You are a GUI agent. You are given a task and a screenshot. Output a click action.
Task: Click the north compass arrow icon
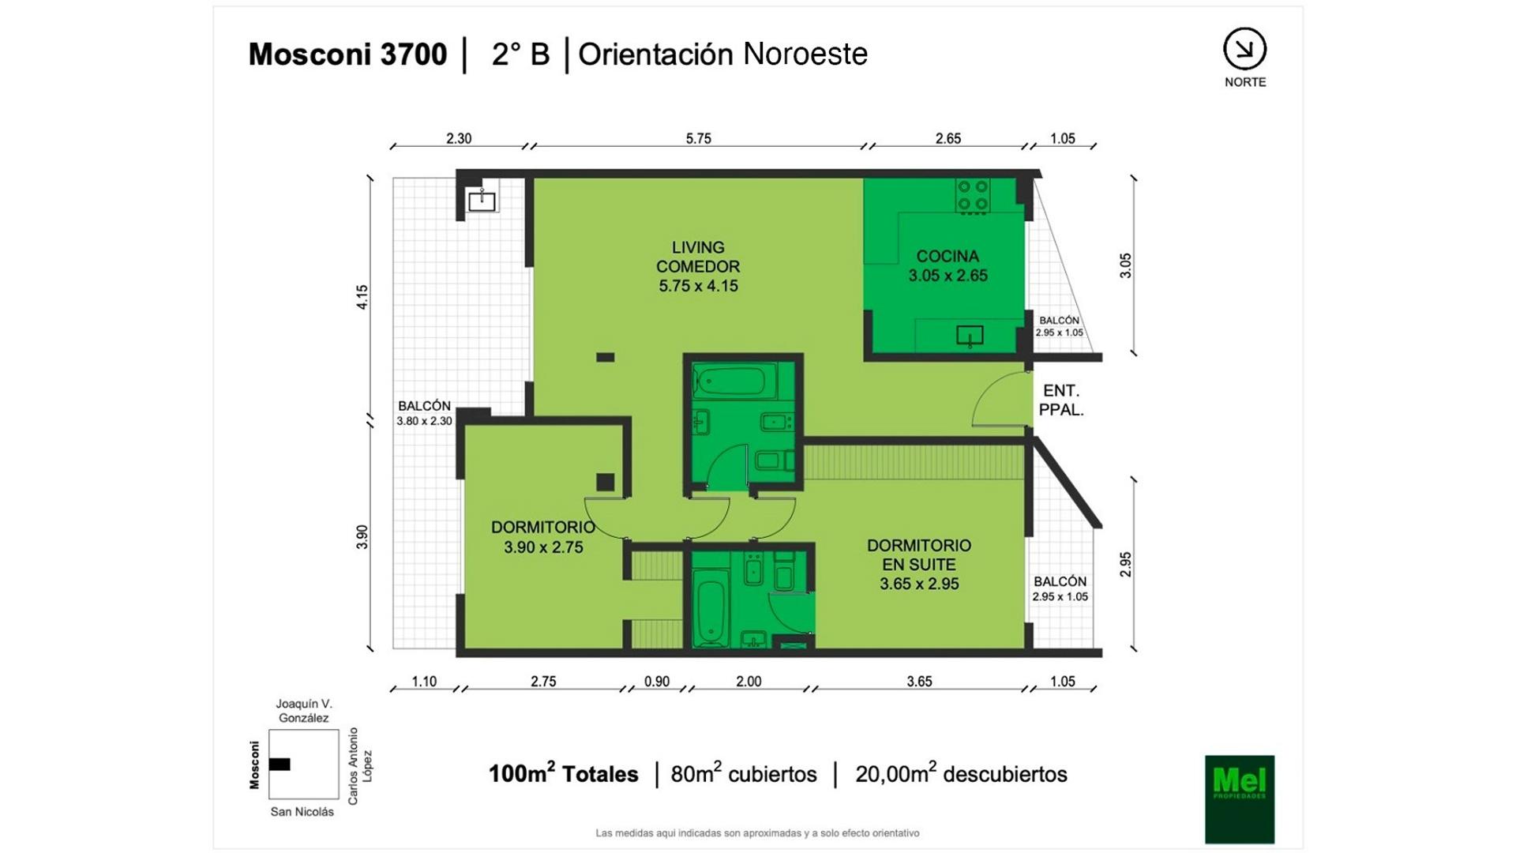pos(1244,49)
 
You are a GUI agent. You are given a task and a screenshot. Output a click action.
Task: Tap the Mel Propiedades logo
pos(1240,799)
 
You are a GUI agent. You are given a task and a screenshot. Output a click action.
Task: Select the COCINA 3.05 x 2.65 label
pos(947,266)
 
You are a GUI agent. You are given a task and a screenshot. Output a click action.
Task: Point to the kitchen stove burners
pos(972,196)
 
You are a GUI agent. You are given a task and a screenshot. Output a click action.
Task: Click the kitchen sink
pos(970,336)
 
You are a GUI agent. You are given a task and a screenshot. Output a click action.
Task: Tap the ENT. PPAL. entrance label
pos(1060,400)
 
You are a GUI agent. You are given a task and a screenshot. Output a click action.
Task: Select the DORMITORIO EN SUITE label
pos(919,565)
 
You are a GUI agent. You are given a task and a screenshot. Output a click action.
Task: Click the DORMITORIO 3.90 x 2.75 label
pos(543,537)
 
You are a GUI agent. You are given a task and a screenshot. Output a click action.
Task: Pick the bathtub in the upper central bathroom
pos(729,382)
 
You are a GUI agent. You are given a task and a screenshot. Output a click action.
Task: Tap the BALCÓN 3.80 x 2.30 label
pos(424,413)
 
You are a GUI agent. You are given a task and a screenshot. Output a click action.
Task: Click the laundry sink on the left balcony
pos(482,201)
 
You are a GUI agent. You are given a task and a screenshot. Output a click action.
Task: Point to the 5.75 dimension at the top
pos(698,139)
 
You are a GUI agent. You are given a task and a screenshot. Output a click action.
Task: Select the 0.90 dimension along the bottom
pos(656,682)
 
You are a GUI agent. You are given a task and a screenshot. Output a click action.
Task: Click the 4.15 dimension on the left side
pos(362,297)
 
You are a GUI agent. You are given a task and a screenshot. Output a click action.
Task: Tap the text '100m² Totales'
pos(563,773)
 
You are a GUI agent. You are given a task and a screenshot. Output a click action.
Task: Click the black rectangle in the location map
pos(280,765)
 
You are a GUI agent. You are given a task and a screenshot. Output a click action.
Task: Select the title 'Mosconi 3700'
pos(347,54)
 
